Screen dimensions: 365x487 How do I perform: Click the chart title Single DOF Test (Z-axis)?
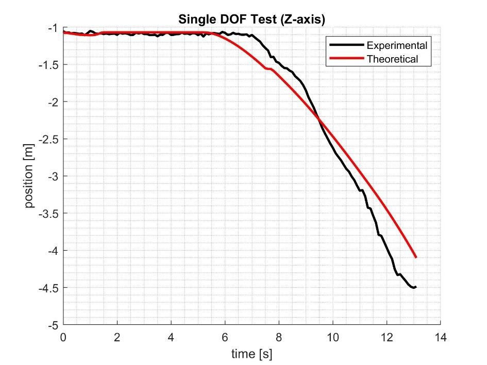tap(251, 20)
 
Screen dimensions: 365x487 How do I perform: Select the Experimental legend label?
tap(397, 45)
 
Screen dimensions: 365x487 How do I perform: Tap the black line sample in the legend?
tap(347, 45)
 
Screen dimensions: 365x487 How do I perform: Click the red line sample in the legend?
tap(347, 59)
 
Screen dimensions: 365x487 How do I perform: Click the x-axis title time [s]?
tap(251, 354)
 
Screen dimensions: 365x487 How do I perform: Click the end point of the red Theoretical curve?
tap(415, 257)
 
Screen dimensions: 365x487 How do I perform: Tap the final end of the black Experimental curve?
tap(415, 287)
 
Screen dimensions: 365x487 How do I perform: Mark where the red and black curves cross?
tap(319, 119)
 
